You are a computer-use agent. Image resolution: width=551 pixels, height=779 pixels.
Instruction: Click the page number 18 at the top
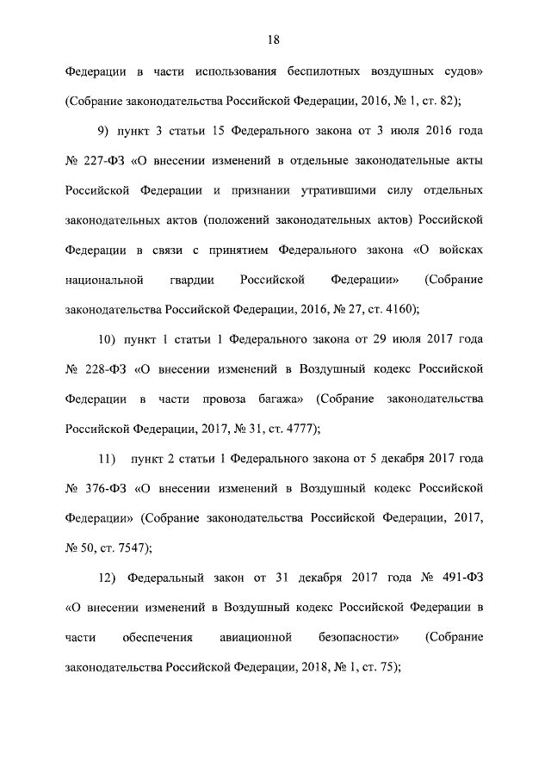tap(275, 39)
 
